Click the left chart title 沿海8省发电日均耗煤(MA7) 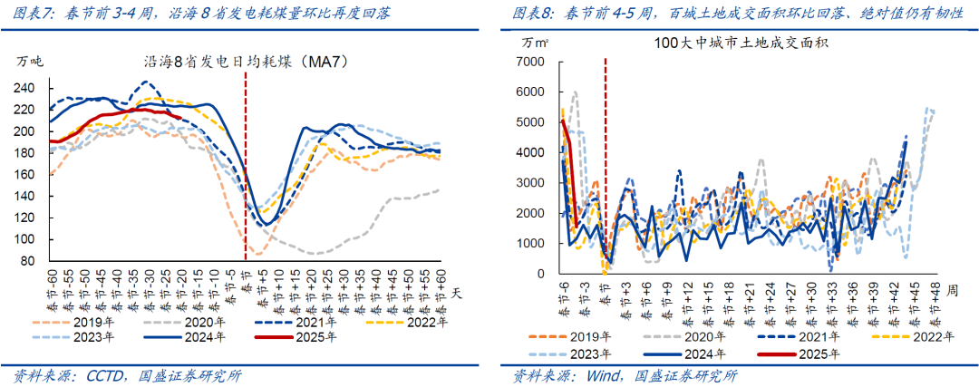247,63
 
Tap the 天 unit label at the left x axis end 456,293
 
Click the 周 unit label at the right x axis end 949,293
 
